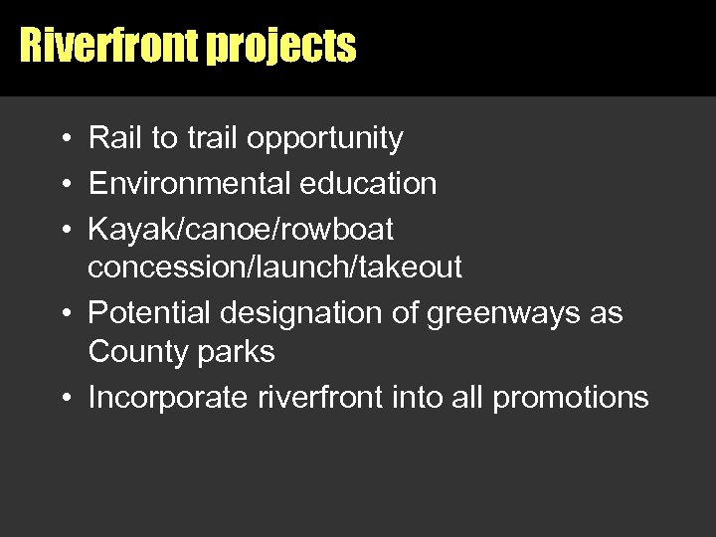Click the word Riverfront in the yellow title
[x=109, y=46]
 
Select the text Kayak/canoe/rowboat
[x=241, y=230]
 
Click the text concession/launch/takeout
[x=274, y=268]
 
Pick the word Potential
[x=150, y=313]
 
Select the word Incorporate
[x=168, y=399]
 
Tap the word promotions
[x=571, y=399]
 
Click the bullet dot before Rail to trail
[x=63, y=139]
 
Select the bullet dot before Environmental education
[x=63, y=185]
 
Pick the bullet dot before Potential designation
[x=63, y=314]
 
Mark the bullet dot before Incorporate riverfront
[x=63, y=399]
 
